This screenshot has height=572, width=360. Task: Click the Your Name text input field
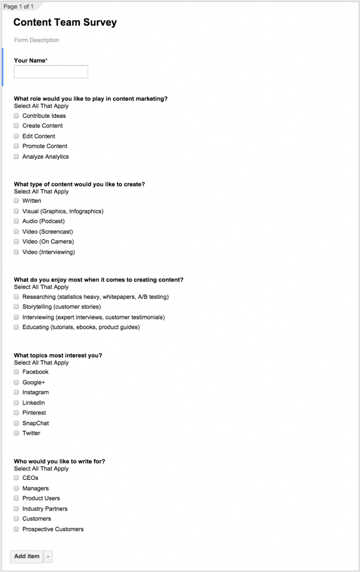[x=51, y=71]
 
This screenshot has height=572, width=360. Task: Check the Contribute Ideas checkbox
[x=17, y=116]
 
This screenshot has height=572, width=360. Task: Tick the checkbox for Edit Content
[x=17, y=136]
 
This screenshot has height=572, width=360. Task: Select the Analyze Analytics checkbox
[x=17, y=156]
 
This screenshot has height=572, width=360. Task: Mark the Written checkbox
[x=17, y=201]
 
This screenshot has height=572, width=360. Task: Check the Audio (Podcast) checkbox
[x=17, y=221]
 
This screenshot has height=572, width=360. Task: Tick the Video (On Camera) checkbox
[x=17, y=241]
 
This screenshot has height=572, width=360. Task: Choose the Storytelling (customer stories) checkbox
[x=17, y=307]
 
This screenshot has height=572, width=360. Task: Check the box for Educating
[x=17, y=327]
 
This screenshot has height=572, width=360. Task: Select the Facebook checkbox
[x=17, y=371]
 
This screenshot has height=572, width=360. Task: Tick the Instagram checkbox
[x=17, y=392]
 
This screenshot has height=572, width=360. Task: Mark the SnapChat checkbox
[x=17, y=423]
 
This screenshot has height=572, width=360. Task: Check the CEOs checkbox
[x=17, y=478]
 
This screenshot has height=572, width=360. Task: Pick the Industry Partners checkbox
[x=17, y=508]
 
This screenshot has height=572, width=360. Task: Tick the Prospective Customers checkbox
[x=17, y=529]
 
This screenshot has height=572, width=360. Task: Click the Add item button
[x=27, y=556]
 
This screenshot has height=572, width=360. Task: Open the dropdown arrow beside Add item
[x=48, y=556]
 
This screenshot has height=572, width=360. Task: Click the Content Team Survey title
[x=65, y=22]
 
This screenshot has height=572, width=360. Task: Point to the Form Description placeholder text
[x=37, y=40]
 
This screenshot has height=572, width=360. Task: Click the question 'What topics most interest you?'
[x=58, y=355]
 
